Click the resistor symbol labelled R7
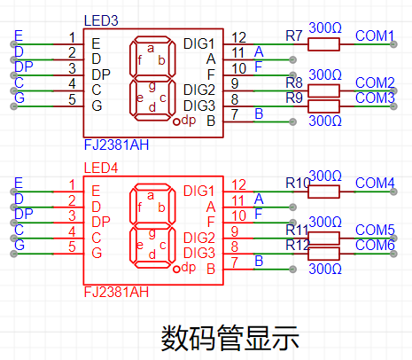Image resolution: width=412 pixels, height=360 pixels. (323, 44)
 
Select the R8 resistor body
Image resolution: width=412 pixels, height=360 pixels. (323, 90)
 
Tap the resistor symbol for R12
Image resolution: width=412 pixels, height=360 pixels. (323, 254)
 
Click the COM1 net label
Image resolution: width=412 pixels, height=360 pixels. (375, 35)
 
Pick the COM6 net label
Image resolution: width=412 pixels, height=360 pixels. (375, 245)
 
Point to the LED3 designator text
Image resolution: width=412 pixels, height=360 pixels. (101, 20)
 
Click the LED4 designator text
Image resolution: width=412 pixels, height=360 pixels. (101, 168)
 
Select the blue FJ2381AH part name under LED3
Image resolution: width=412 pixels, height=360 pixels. (116, 145)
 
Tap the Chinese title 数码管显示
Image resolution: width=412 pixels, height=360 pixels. (230, 338)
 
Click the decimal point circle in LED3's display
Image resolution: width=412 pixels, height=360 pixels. (176, 121)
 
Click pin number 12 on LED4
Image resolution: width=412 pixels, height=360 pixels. (238, 185)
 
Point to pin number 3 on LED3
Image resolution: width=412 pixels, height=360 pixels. (72, 68)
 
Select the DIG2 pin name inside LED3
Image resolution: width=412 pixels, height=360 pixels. (199, 90)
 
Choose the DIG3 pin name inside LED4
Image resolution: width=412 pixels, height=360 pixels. (199, 253)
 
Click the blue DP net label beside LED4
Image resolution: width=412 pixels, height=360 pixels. (24, 214)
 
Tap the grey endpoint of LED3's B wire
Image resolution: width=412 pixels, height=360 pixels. (292, 121)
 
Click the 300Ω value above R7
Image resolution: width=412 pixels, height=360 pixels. (325, 27)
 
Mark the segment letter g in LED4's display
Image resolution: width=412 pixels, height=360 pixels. (152, 233)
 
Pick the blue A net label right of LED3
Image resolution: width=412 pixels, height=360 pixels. (259, 51)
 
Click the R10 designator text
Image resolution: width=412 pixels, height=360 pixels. (298, 183)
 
